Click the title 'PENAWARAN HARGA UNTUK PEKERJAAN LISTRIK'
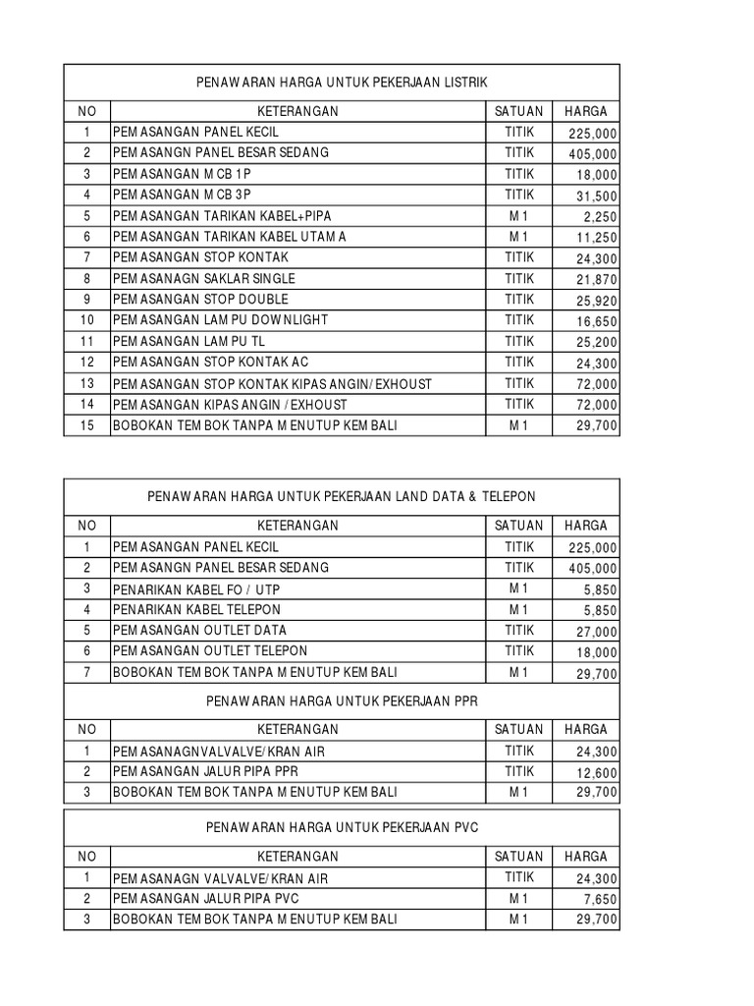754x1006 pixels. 342,82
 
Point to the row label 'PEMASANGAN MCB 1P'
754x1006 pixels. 188,173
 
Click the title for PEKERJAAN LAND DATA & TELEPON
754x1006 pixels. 342,497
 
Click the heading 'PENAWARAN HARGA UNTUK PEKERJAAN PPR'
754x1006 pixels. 342,701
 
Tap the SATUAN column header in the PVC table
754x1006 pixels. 518,856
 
